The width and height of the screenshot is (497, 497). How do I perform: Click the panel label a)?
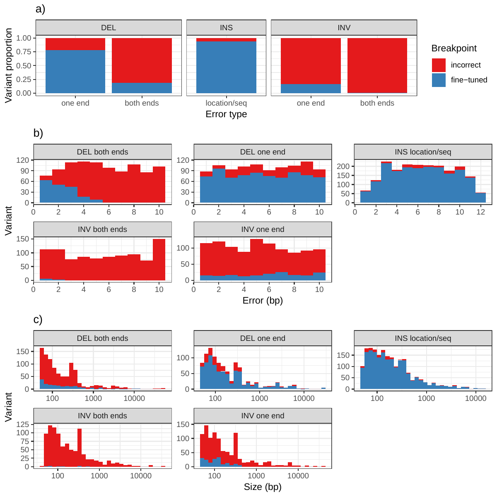pyautogui.click(x=40, y=9)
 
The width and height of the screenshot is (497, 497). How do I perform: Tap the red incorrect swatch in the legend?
pyautogui.click(x=439, y=65)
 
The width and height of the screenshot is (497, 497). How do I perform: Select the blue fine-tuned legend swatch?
pyautogui.click(x=439, y=80)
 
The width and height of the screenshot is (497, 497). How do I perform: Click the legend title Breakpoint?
pyautogui.click(x=454, y=48)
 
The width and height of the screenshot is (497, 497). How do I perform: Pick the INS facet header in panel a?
pyautogui.click(x=226, y=28)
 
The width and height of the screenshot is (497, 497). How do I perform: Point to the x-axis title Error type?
pyautogui.click(x=226, y=114)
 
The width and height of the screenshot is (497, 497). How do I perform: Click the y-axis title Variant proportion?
pyautogui.click(x=9, y=65)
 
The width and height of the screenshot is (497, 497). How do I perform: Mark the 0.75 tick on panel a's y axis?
pyautogui.click(x=24, y=52)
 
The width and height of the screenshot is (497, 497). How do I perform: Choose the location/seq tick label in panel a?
pyautogui.click(x=226, y=103)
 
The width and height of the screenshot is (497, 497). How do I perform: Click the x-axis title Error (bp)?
pyautogui.click(x=263, y=301)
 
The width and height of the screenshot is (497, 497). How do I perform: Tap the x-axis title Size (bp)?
pyautogui.click(x=263, y=487)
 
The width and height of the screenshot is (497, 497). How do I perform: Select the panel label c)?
pyautogui.click(x=38, y=320)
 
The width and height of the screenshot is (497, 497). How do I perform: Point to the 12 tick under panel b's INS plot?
pyautogui.click(x=480, y=212)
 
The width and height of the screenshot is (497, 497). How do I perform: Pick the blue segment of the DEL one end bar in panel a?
pyautogui.click(x=75, y=72)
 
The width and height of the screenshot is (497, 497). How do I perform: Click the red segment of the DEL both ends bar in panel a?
pyautogui.click(x=142, y=60)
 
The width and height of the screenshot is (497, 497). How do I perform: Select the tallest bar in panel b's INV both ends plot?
pyautogui.click(x=159, y=260)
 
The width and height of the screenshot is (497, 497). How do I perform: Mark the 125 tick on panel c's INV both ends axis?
pyautogui.click(x=23, y=425)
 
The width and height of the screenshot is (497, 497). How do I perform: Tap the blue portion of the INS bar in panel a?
pyautogui.click(x=226, y=67)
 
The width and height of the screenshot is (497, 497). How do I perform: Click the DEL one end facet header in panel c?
pyautogui.click(x=263, y=338)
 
